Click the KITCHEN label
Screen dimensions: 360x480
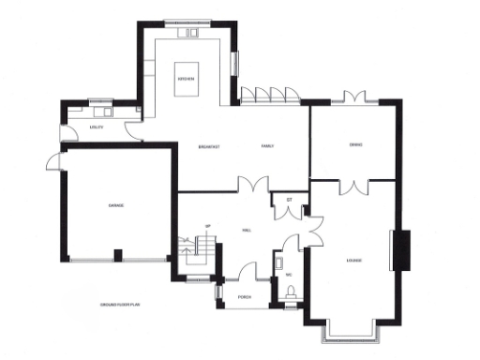pyautogui.click(x=186, y=80)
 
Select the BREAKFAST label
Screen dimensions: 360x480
pyautogui.click(x=209, y=148)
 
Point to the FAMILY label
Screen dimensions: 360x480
pyautogui.click(x=266, y=148)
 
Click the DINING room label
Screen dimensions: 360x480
pyautogui.click(x=356, y=144)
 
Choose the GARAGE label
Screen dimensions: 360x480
pyautogui.click(x=116, y=205)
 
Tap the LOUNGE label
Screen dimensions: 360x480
pyautogui.click(x=354, y=260)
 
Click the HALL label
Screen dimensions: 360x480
pyautogui.click(x=246, y=230)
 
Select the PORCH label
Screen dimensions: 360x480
pyautogui.click(x=244, y=297)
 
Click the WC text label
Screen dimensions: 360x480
pyautogui.click(x=290, y=275)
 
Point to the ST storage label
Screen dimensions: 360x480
pyautogui.click(x=290, y=201)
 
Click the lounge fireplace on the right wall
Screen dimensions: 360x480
pyautogui.click(x=405, y=251)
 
